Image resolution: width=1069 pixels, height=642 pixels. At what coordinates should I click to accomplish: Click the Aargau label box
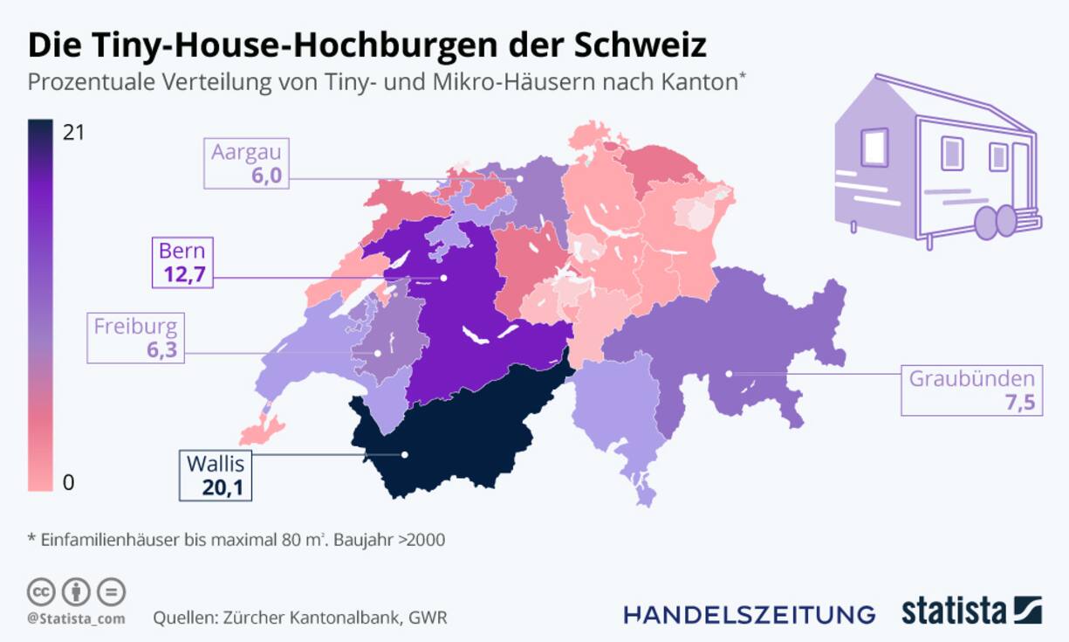pos(248,162)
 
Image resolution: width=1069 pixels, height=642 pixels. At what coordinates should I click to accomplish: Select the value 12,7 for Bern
pos(182,275)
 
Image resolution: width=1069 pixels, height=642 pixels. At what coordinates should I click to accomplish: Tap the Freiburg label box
pos(135,338)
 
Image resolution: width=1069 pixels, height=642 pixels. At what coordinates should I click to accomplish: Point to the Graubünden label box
pos(972,390)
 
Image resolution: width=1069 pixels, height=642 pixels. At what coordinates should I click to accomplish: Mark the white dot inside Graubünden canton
pos(730,375)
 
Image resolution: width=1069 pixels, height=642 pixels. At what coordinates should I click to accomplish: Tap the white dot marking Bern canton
pos(443,278)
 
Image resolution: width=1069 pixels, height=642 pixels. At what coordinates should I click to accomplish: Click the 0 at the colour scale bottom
pos(69,482)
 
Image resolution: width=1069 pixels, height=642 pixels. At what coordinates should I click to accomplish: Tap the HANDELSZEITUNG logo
pos(749,613)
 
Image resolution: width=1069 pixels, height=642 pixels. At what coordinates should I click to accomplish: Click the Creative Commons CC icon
pos(41,591)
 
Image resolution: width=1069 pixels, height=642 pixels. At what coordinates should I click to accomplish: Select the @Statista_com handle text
pos(75,618)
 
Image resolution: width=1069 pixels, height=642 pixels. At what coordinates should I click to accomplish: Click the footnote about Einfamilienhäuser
pos(236,539)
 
